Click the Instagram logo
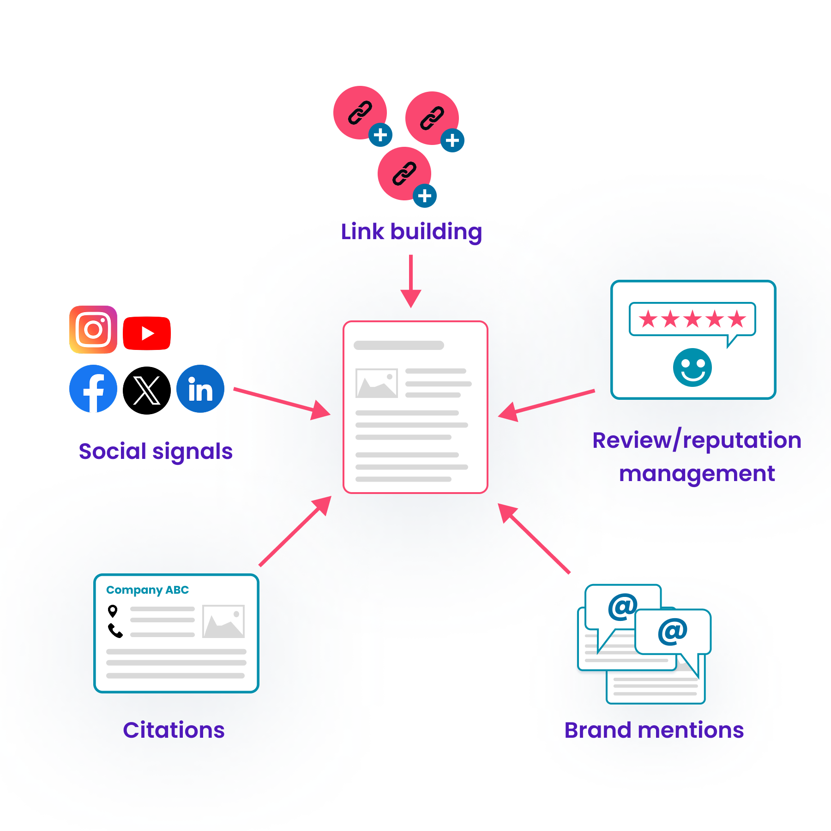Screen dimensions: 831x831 [x=93, y=330]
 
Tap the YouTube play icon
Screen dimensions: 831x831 [x=147, y=333]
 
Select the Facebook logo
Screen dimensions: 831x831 [x=93, y=389]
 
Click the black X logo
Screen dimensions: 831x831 [x=147, y=391]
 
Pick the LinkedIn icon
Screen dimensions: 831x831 [x=200, y=389]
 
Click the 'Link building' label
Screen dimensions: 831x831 [x=411, y=232]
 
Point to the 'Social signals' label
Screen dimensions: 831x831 [x=156, y=452]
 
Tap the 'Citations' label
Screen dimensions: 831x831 [x=174, y=730]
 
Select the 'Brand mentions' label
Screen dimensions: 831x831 [x=654, y=730]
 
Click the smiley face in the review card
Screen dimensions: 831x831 [x=692, y=367]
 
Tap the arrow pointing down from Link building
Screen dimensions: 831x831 [x=411, y=281]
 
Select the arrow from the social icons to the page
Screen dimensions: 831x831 [x=282, y=402]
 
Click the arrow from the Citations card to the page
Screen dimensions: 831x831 [x=295, y=531]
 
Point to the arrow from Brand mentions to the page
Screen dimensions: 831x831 [x=534, y=538]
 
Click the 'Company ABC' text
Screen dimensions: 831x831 [x=147, y=590]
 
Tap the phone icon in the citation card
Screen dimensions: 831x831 [x=115, y=631]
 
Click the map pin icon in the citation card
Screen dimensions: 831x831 [x=113, y=611]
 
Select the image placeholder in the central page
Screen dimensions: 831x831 [x=377, y=383]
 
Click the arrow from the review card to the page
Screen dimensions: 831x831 [x=547, y=405]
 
